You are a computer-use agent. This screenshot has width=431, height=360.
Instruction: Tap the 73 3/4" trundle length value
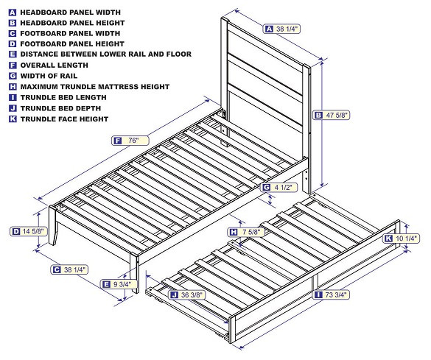pos(337,294)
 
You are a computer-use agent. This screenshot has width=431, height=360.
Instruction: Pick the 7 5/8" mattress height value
pos(251,232)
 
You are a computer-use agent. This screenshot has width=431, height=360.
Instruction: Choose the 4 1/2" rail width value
pos(285,188)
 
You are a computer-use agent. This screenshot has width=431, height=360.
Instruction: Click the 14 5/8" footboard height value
pos(32,231)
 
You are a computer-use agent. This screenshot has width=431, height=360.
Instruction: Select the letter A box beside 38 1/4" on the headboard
pos(269,29)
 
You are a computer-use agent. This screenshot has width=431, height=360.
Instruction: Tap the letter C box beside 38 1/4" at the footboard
pos(56,270)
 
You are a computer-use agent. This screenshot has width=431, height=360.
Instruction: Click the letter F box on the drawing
pos(117,141)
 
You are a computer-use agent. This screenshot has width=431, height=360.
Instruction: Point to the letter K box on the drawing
pos(388,239)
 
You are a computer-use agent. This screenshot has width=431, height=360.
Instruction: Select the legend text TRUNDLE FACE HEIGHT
pos(64,119)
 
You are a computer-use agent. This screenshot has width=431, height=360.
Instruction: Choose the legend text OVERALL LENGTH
pos(54,66)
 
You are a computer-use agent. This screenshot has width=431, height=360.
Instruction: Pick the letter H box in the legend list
pos(13,87)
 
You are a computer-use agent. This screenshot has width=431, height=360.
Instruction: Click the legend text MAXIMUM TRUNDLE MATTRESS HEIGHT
pos(94,87)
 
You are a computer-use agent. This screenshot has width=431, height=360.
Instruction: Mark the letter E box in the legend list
pos(13,54)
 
